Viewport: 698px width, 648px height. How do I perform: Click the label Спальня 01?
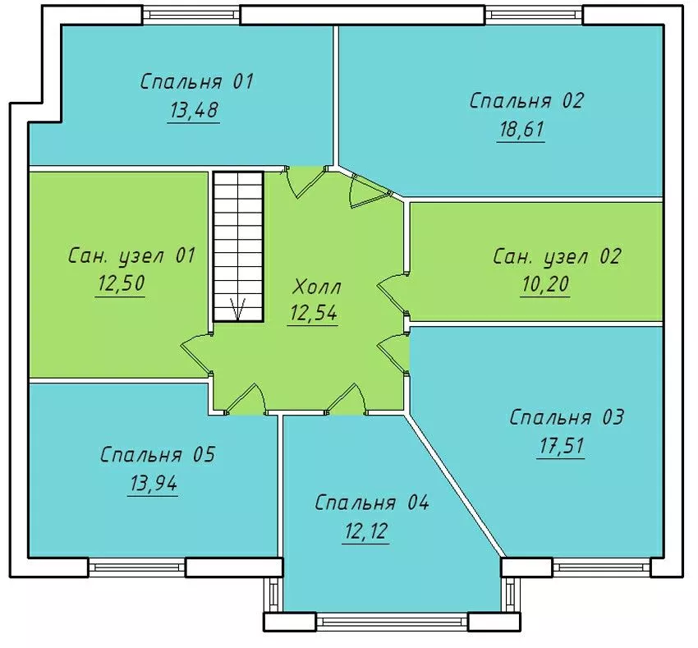coord(197,82)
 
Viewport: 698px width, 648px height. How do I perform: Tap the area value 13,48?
coord(194,110)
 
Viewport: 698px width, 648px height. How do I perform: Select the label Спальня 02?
coord(526,101)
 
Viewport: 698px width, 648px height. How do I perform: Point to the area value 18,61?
coord(521,129)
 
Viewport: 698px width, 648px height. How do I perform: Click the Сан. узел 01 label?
coord(132,256)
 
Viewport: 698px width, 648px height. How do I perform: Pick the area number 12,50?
coord(120,283)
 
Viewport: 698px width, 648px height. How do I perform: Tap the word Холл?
coord(316,287)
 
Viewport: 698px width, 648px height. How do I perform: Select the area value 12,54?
coord(313,313)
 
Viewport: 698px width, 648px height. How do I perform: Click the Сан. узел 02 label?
coord(557,257)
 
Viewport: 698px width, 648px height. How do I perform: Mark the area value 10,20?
coord(545,284)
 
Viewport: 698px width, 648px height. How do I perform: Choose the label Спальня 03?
coord(567,418)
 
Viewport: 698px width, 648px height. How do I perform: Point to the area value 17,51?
coord(561,446)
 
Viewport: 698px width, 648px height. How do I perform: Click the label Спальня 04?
coord(372,503)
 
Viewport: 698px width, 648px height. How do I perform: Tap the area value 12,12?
coord(366,531)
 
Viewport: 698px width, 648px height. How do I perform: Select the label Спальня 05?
coord(158,455)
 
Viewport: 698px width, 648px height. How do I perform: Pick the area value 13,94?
coord(154,483)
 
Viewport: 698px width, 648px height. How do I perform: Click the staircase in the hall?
coord(238,246)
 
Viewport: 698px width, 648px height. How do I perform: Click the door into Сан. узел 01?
coord(196,352)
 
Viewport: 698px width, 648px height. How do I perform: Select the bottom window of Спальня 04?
coord(392,621)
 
